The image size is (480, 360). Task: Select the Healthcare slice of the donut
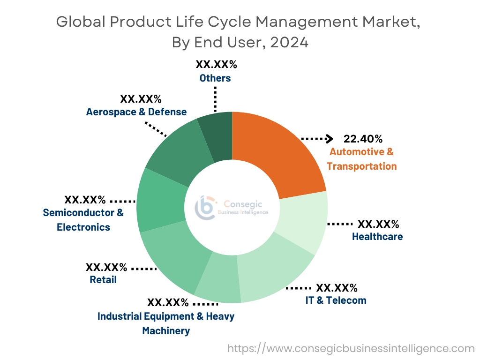tap(300, 220)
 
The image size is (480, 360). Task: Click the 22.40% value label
tap(363, 139)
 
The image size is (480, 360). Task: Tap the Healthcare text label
tap(377, 237)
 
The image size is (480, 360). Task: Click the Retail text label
tap(103, 280)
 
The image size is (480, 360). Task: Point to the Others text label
tap(215, 78)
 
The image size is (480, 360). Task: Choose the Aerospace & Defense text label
tap(136, 112)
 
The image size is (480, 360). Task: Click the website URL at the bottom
tap(351, 348)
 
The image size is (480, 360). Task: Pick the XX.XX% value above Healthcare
tap(378, 224)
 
